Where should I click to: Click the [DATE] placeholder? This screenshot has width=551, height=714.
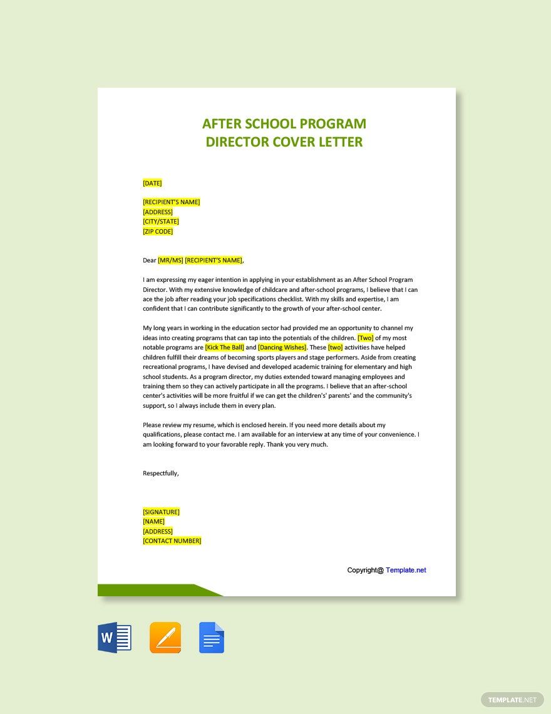point(152,184)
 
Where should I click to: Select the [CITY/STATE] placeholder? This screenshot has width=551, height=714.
point(161,222)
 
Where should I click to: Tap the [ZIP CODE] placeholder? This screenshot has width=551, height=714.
point(158,232)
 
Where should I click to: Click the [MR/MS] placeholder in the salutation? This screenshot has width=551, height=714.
point(170,261)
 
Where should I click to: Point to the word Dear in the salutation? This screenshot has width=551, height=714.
point(149,261)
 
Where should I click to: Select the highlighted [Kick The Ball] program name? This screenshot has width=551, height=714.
point(224,348)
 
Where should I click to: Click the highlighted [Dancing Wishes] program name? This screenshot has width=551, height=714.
point(282,348)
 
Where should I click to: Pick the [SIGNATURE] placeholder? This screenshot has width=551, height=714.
point(161,512)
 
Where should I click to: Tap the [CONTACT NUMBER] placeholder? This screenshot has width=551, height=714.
point(172,541)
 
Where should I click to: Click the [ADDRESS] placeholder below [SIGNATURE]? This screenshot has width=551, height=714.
point(158,532)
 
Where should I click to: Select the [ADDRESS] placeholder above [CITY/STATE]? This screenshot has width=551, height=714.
point(158,212)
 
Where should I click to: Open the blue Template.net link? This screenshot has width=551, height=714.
point(406,571)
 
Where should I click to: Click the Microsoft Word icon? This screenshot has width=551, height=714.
point(115,638)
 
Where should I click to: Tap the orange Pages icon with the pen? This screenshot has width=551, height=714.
point(165,638)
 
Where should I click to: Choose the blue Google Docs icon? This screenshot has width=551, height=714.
point(212,638)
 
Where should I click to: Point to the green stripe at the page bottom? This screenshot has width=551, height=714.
point(150,590)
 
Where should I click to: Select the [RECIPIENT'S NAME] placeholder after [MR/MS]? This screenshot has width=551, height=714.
point(214,261)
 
